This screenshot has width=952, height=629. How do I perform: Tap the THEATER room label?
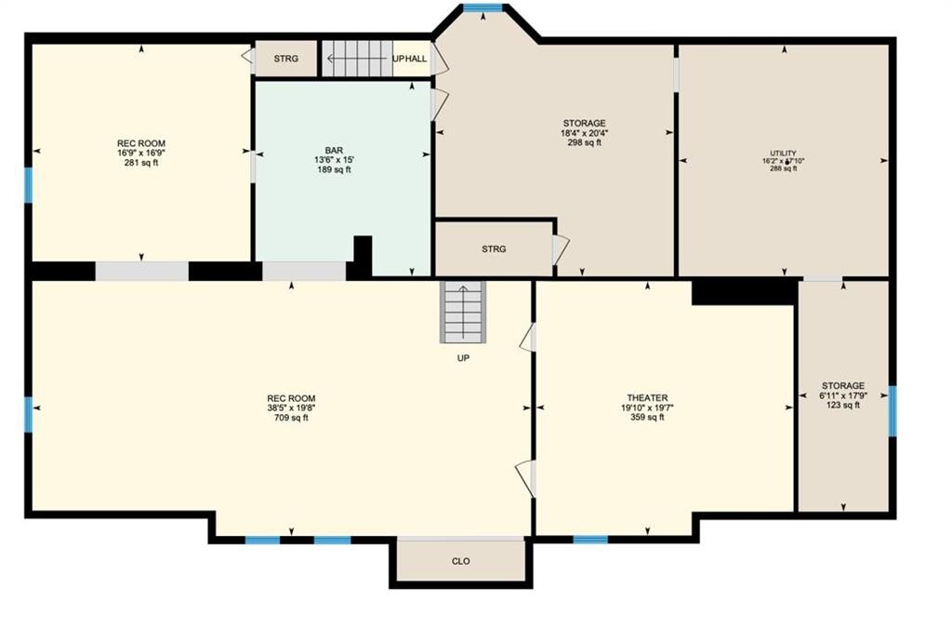point(647,397)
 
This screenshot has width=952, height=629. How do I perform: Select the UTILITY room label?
point(783,153)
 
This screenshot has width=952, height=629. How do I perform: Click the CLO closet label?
point(460,561)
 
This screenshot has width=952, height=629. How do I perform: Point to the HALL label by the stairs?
point(416,59)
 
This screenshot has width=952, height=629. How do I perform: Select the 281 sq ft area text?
point(141,163)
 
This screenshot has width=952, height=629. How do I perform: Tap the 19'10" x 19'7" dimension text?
point(647,408)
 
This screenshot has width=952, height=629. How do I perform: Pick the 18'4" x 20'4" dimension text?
point(584,133)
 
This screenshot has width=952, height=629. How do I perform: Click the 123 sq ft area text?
point(843,405)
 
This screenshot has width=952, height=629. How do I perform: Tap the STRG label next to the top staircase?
point(286,59)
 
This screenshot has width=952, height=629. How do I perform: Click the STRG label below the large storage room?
point(494,249)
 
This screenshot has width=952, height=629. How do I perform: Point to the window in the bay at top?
point(483,8)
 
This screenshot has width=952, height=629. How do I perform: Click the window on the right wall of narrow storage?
point(892,410)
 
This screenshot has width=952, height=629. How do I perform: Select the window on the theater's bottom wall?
point(590,539)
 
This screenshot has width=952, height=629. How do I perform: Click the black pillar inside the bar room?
point(363,255)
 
